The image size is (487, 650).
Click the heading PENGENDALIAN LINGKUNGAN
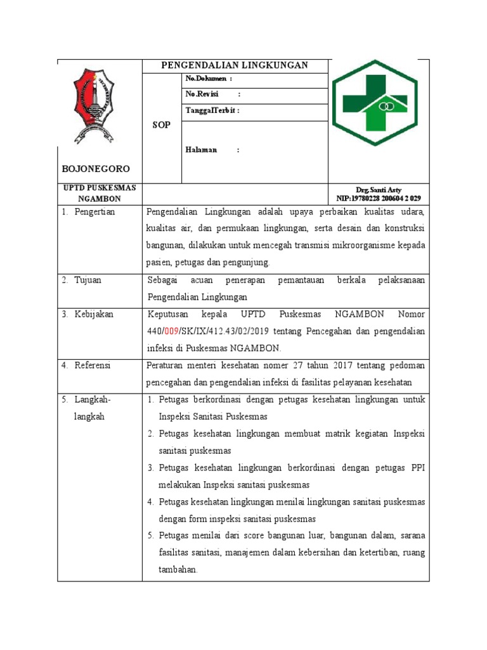[235, 65]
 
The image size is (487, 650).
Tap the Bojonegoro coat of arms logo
[93, 105]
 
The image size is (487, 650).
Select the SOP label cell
[162, 126]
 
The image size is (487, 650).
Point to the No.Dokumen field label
[209, 78]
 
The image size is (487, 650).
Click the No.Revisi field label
[202, 94]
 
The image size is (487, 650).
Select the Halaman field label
[202, 150]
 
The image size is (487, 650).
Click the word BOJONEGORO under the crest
[96, 169]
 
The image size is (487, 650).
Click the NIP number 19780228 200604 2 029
[379, 198]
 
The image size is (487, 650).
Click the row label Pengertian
[94, 212]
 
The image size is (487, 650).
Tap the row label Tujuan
[88, 280]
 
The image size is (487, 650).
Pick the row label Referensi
[93, 365]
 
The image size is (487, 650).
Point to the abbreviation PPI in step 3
[415, 468]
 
